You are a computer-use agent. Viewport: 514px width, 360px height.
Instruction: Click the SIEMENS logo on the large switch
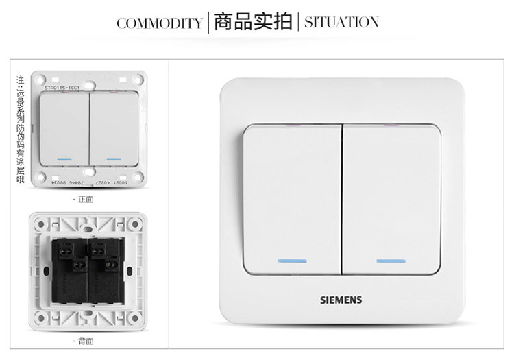click(x=341, y=300)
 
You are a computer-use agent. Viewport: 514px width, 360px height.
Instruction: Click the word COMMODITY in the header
click(x=159, y=23)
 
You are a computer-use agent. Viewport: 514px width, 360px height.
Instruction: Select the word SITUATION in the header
click(x=341, y=22)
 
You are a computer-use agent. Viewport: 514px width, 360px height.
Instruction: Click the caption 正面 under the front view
click(x=86, y=200)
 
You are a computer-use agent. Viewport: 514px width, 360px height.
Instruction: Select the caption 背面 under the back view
click(x=86, y=341)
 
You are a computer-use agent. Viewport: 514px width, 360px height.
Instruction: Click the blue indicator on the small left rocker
click(x=65, y=160)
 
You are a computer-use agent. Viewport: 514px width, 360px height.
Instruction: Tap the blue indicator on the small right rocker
click(x=114, y=160)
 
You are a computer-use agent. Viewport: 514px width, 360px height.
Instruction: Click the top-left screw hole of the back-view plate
click(x=41, y=223)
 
